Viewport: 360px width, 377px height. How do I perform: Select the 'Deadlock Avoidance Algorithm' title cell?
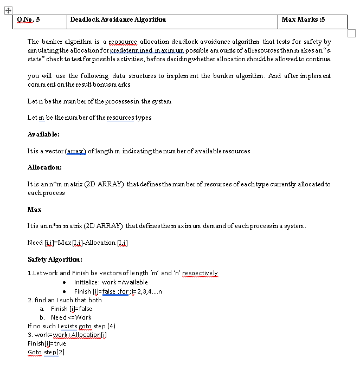click(x=118, y=19)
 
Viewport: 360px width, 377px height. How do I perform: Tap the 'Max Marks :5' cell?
click(x=304, y=19)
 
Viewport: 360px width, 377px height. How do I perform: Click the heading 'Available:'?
click(x=43, y=134)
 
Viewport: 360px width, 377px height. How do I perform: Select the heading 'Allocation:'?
click(x=44, y=167)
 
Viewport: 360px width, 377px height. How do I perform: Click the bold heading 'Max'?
click(x=34, y=209)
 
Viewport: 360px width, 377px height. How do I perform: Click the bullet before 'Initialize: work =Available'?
click(x=65, y=282)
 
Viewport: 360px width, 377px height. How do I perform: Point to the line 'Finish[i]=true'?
click(x=47, y=343)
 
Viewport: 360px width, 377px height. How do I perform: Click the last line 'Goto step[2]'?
click(x=46, y=352)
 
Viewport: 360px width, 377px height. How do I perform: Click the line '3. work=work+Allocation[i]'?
click(x=67, y=334)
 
